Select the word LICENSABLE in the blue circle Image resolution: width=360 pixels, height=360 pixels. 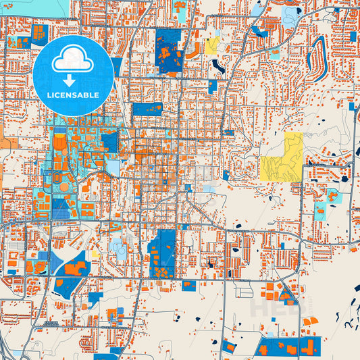[x=73, y=95]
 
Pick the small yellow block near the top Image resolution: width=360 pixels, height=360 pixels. [x=212, y=46]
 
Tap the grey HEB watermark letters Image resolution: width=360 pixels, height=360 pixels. [x=274, y=308]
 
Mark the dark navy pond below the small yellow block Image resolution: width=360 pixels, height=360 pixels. [x=218, y=66]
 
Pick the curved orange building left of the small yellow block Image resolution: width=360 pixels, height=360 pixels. [x=195, y=50]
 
